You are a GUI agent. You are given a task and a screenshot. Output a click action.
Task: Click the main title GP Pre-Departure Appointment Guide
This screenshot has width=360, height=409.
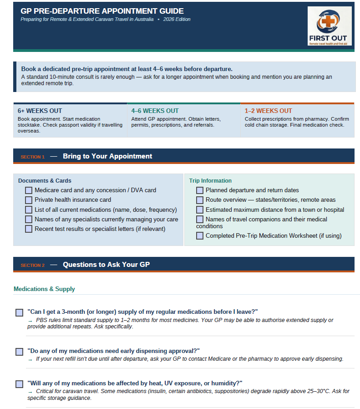[102, 11]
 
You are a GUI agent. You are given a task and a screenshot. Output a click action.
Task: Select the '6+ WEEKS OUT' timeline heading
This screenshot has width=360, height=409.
[40, 111]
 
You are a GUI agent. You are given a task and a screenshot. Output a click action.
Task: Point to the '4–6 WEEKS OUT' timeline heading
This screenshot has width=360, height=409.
[155, 111]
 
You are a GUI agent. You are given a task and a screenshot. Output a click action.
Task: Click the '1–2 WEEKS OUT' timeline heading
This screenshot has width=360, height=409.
[268, 111]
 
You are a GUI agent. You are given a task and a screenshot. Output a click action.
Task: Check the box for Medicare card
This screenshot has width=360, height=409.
[29, 190]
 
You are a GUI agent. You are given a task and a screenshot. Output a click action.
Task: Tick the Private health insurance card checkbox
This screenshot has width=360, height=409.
[29, 200]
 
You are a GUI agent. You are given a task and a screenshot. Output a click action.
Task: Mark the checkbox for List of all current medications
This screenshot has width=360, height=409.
[29, 210]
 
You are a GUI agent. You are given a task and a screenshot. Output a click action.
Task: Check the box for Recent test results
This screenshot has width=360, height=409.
[29, 229]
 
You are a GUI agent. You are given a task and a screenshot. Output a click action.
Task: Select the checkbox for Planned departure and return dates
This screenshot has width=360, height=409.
[200, 190]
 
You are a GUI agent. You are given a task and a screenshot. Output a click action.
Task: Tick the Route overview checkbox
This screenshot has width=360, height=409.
[200, 200]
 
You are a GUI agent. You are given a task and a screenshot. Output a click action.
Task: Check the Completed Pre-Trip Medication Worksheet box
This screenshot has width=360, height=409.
[200, 236]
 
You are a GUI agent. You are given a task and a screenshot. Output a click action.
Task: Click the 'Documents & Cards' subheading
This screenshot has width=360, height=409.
[45, 181]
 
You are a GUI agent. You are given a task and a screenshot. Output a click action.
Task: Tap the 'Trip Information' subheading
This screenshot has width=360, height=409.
[210, 181]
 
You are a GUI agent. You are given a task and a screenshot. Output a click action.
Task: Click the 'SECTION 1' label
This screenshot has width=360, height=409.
[32, 157]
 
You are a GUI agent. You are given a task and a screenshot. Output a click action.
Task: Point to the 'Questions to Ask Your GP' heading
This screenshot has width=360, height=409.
[106, 265]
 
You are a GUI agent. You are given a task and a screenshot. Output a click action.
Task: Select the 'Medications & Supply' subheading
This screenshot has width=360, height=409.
[44, 289]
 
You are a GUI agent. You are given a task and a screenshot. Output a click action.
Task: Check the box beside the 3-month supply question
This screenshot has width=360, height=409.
[19, 312]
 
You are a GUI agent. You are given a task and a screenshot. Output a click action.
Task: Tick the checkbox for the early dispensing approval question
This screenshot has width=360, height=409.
[19, 352]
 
